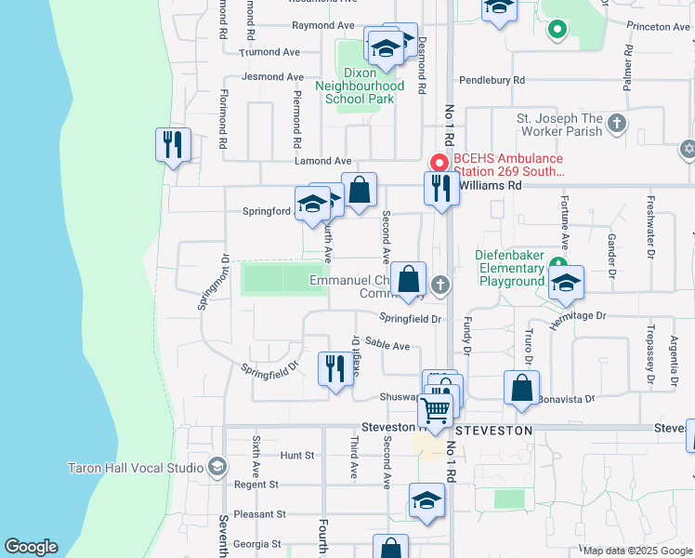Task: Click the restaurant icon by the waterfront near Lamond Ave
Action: pos(173,145)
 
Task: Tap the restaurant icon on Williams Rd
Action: pos(439,188)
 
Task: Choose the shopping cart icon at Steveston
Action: pos(435,408)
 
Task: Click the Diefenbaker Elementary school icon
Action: pos(564,285)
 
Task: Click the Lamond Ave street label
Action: pos(323,161)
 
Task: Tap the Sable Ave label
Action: pos(387,346)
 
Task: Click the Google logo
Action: pos(32,547)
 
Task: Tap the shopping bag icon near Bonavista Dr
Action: pos(521,388)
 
